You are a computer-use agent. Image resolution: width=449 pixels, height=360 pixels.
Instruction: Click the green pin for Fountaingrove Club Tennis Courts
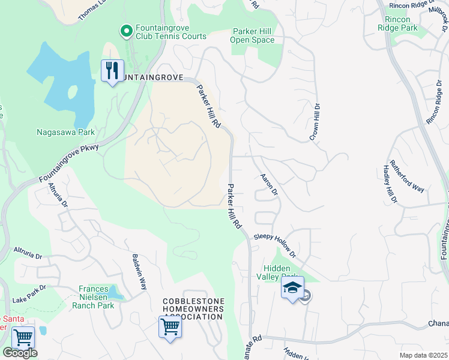[126, 30]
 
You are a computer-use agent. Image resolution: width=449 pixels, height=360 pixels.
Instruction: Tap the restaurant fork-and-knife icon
[112, 71]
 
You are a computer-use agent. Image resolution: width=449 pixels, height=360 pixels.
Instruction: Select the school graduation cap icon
[292, 289]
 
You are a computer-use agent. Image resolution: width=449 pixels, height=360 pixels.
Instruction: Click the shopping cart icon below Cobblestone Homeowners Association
[170, 328]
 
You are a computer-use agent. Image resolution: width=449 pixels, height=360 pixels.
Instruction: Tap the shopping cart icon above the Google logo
[23, 337]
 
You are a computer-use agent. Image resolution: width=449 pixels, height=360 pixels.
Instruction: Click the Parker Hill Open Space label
[252, 35]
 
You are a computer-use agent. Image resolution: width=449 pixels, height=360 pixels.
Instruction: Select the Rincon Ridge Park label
[397, 23]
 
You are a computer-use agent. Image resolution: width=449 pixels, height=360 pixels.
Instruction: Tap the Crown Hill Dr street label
[314, 122]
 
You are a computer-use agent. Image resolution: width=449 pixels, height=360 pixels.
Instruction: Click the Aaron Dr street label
[269, 185]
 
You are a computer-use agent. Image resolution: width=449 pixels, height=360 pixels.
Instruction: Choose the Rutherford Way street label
[406, 176]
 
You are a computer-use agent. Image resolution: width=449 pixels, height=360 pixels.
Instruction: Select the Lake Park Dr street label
[28, 292]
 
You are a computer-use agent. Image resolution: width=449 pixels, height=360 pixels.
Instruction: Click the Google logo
[20, 353]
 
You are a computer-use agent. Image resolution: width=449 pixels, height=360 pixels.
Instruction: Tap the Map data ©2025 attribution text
[423, 355]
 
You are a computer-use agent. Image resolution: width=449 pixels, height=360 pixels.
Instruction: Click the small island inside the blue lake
[73, 93]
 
